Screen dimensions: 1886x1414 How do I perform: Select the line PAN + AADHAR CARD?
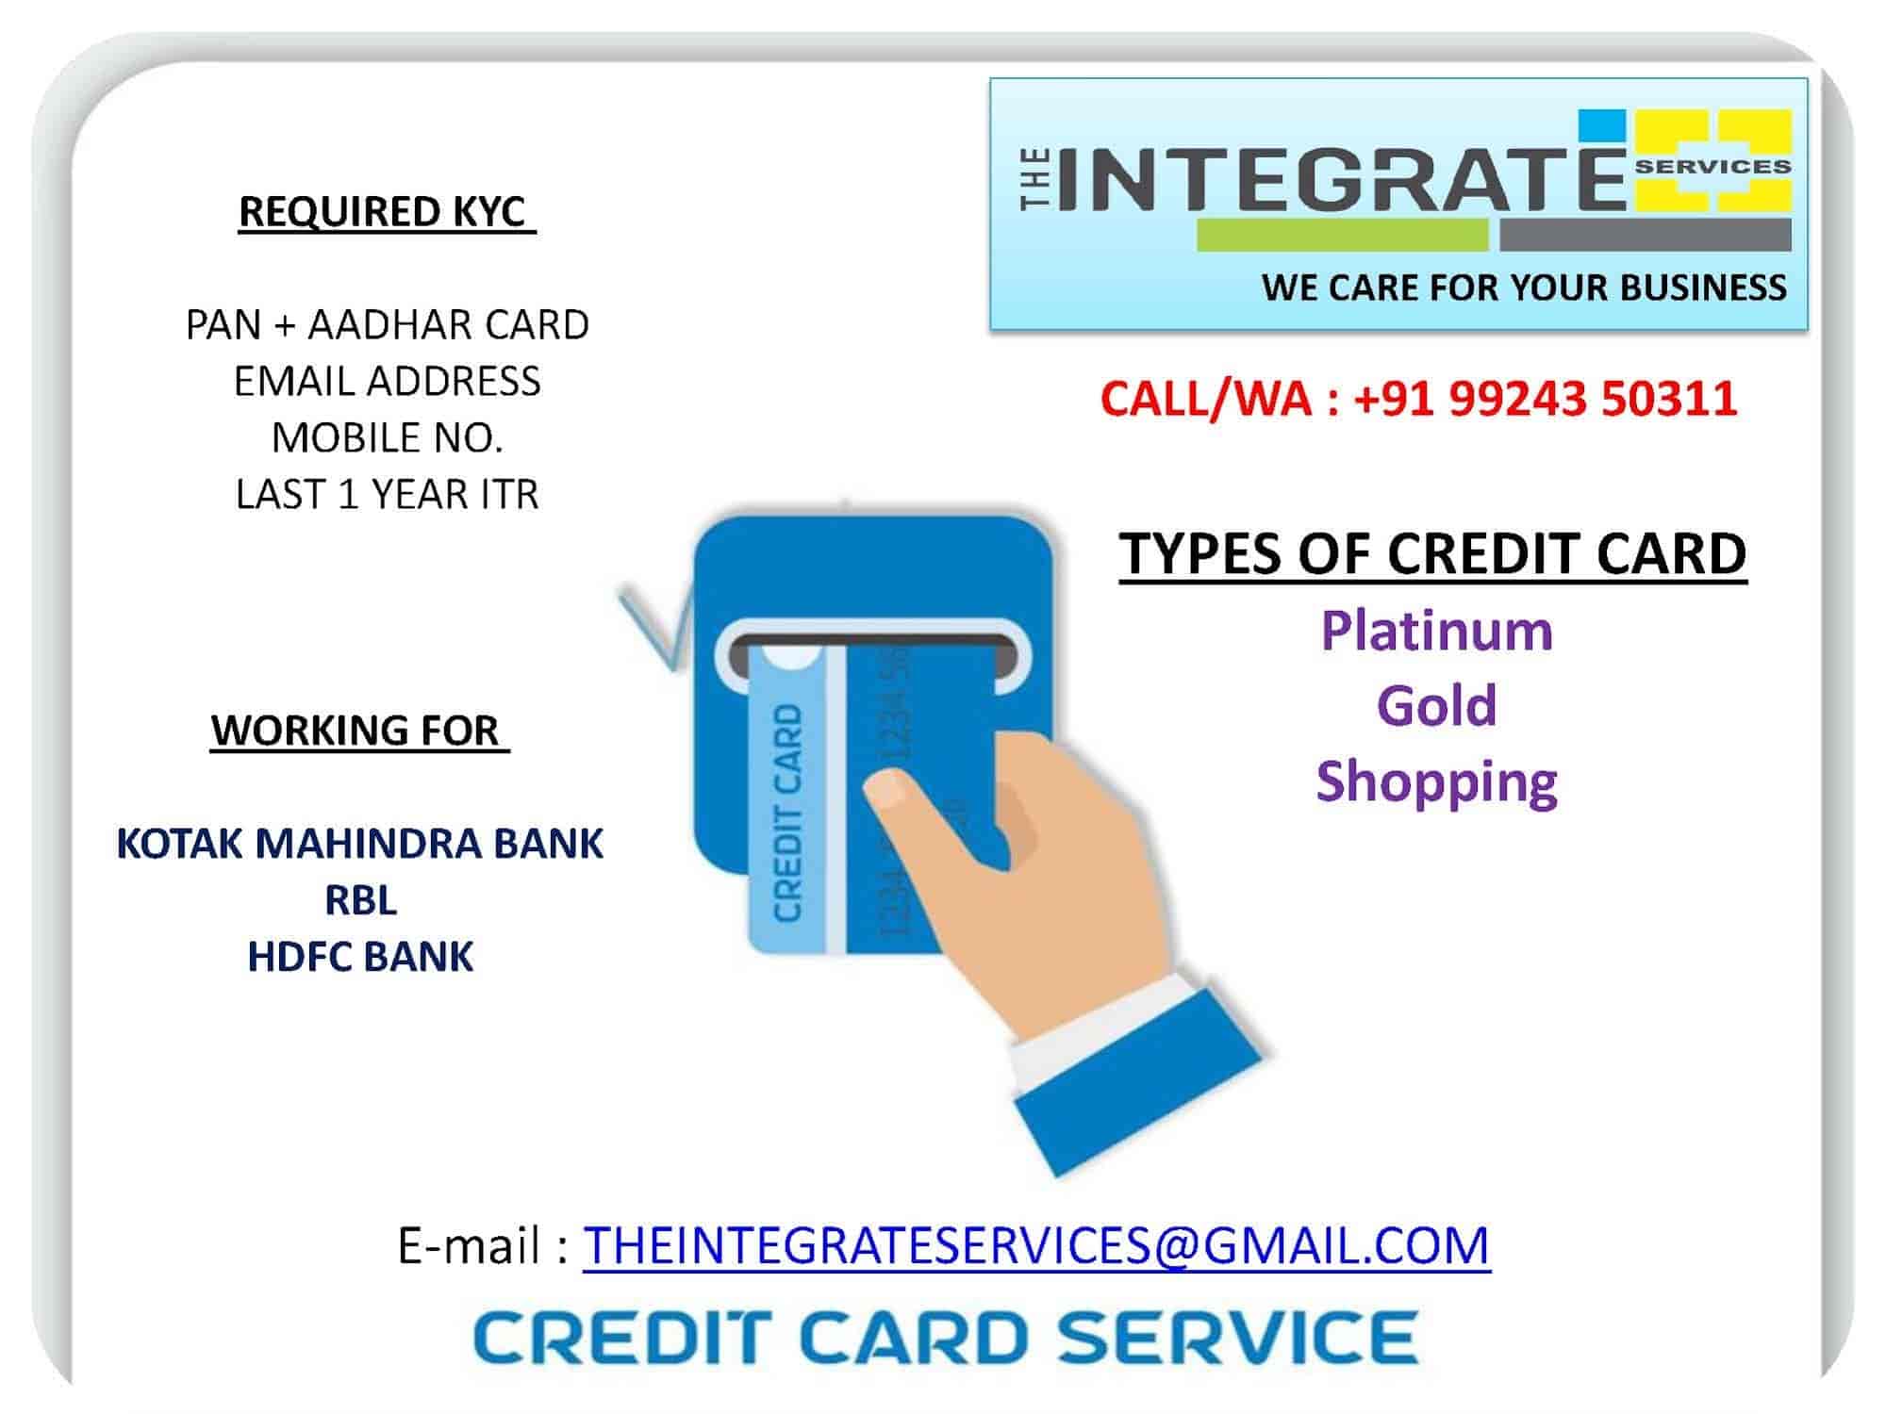coord(387,324)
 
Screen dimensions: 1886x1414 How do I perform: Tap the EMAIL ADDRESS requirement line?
coord(387,381)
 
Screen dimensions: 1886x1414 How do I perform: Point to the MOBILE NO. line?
coord(387,437)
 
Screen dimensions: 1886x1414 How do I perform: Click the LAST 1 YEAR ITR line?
coord(387,494)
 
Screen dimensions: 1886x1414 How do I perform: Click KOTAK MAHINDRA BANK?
coord(359,844)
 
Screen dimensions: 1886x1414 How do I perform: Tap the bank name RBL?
coord(360,900)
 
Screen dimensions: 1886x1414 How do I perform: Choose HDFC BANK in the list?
coord(360,957)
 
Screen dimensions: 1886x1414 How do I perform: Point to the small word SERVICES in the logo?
coord(1712,167)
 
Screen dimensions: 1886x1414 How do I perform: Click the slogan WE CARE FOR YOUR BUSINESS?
coord(1524,287)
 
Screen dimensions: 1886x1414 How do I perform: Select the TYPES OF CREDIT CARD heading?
coord(1433,553)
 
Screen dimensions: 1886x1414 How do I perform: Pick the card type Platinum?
coord(1436,630)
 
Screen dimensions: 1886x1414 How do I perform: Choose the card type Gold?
coord(1436,705)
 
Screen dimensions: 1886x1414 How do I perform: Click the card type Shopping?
coord(1436,782)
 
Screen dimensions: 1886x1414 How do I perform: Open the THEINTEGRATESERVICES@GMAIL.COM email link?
coord(1036,1245)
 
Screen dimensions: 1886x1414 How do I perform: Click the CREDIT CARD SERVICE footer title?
coord(946,1337)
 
